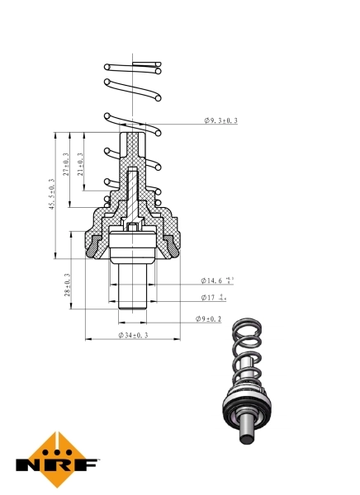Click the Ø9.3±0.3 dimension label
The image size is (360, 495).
[220, 121]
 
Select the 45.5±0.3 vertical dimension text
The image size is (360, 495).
[51, 194]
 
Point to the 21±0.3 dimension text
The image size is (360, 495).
[80, 167]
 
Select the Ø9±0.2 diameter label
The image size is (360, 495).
[209, 318]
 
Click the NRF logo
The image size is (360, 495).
[55, 460]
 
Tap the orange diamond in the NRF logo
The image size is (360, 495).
[56, 450]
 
